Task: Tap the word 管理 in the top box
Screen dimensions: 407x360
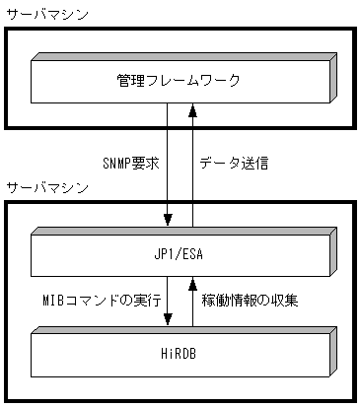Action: pyautogui.click(x=130, y=79)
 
